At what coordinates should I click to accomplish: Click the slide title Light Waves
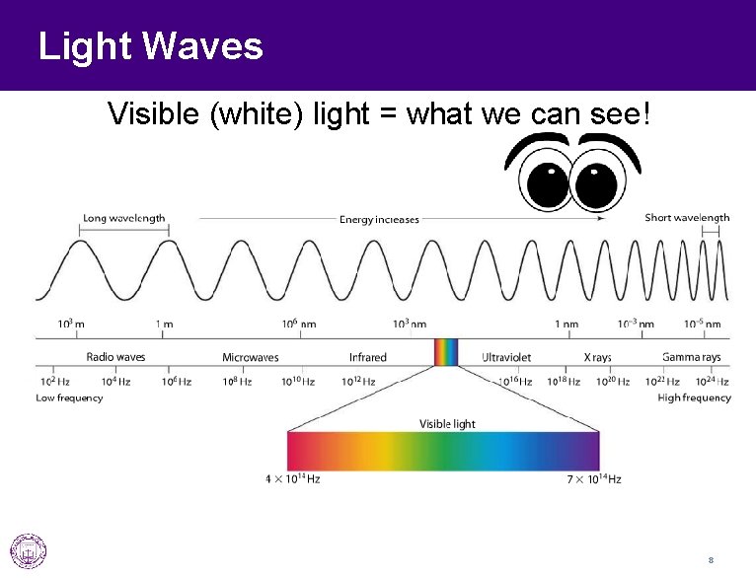[x=150, y=46]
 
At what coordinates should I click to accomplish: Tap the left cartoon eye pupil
[x=544, y=182]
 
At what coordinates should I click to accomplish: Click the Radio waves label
[x=116, y=357]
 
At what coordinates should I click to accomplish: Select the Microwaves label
[x=250, y=357]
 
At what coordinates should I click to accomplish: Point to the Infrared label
[x=367, y=357]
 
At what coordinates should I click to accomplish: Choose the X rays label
[x=597, y=357]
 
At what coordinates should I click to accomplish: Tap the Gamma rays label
[x=691, y=357]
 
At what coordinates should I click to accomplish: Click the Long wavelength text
[x=123, y=218]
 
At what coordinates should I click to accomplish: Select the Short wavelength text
[x=687, y=218]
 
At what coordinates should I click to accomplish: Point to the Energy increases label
[x=379, y=220]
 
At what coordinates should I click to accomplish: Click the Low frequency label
[x=69, y=397]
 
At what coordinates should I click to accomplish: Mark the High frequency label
[x=694, y=397]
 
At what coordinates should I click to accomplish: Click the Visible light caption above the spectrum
[x=447, y=424]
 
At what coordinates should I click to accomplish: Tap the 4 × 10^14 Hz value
[x=292, y=479]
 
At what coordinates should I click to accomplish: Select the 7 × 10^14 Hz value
[x=593, y=479]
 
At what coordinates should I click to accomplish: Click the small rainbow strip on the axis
[x=446, y=352]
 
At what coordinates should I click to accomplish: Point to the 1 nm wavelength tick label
[x=566, y=324]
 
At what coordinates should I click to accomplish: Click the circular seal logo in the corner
[x=28, y=550]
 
